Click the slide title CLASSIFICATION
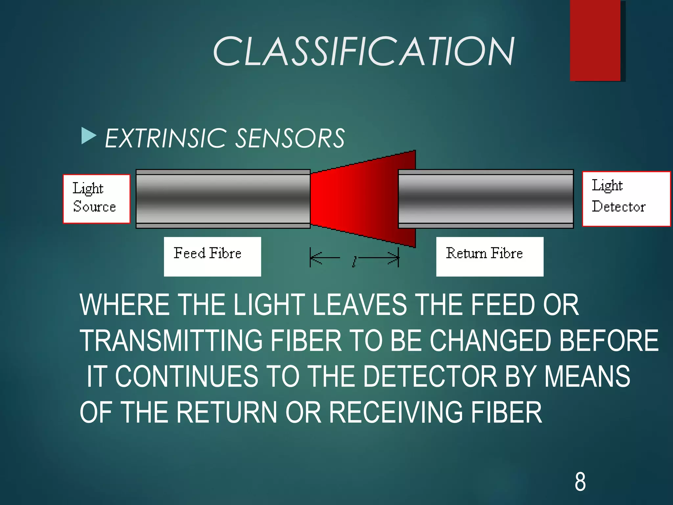click(x=363, y=52)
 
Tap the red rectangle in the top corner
click(x=595, y=40)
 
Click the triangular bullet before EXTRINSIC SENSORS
click(x=88, y=136)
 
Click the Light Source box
click(x=96, y=199)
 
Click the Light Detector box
click(x=626, y=199)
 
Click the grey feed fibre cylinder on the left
click(x=223, y=199)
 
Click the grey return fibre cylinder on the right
click(x=486, y=199)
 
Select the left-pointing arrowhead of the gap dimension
click(x=315, y=258)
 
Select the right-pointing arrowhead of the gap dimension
click(x=393, y=258)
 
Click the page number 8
click(x=580, y=482)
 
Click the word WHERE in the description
click(x=125, y=305)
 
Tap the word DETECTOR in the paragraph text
click(x=430, y=376)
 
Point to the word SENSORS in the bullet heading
click(x=290, y=138)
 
